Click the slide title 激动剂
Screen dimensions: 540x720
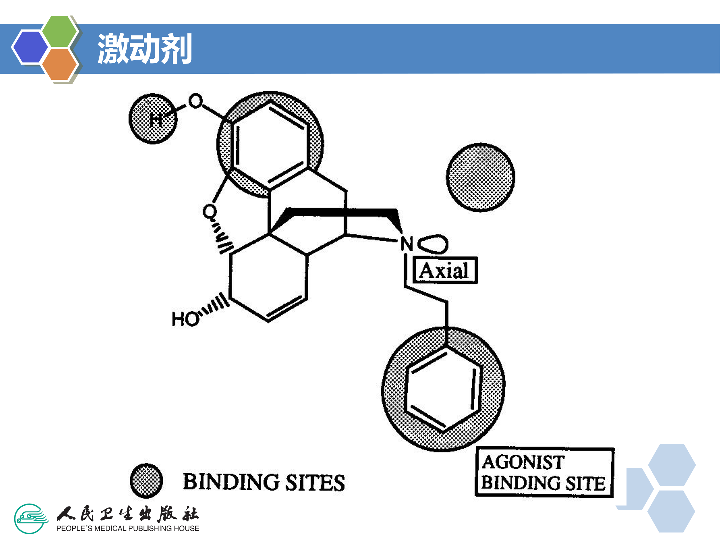pyautogui.click(x=144, y=49)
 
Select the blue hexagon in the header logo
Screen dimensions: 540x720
pyautogui.click(x=30, y=46)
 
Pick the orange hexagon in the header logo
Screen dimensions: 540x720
pyautogui.click(x=59, y=64)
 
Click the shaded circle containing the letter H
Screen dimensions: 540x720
pyautogui.click(x=153, y=119)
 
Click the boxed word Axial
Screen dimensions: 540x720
pyautogui.click(x=445, y=270)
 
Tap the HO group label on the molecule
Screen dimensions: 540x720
pyautogui.click(x=185, y=319)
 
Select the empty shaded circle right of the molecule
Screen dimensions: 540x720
pyautogui.click(x=480, y=177)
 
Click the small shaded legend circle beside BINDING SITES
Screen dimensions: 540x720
pyautogui.click(x=146, y=481)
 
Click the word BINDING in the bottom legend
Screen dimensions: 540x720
pyautogui.click(x=231, y=482)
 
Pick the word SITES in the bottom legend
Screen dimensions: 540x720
pyautogui.click(x=315, y=483)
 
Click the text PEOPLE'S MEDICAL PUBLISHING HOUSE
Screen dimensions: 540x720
pyautogui.click(x=127, y=528)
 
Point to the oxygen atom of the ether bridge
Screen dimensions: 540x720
pyautogui.click(x=209, y=212)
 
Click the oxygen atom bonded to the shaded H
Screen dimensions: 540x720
pyautogui.click(x=195, y=101)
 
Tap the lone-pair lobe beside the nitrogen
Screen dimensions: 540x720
pyautogui.click(x=433, y=244)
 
